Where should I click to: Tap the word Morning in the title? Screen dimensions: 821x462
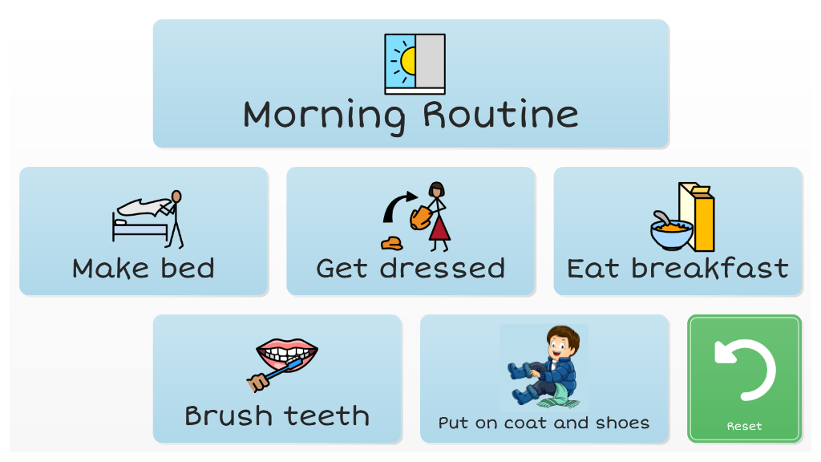324,115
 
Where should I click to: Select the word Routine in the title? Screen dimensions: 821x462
500,114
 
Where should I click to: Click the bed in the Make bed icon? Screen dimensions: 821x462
140,229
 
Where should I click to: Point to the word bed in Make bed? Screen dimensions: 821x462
188,268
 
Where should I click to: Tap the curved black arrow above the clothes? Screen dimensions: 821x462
398,206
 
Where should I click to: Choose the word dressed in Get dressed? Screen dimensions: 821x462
443,268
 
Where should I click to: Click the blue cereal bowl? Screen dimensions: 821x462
672,234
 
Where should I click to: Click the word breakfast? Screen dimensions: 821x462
710,268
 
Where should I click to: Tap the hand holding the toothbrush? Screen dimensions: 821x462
257,382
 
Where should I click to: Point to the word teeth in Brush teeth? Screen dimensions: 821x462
327,416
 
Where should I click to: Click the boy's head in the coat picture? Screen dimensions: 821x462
563,342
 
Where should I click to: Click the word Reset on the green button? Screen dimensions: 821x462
744,427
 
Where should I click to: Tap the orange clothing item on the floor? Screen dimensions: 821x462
391,243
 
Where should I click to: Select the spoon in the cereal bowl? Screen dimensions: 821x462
661,217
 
